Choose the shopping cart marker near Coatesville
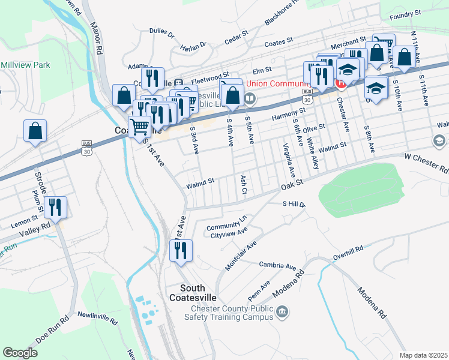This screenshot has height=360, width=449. coord(139,127)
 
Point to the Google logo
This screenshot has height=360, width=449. coord(20,352)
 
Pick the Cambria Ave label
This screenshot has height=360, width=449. coord(277,265)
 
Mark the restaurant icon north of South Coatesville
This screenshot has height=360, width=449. coord(181,250)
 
